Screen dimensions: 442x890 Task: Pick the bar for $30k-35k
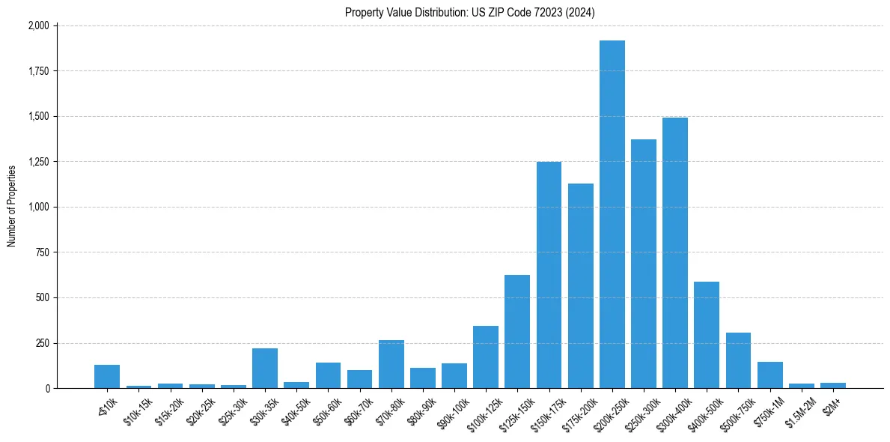(265, 369)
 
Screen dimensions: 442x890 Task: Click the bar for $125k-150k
(517, 332)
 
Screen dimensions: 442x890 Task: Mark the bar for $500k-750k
(738, 360)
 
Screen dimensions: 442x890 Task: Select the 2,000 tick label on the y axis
(38, 25)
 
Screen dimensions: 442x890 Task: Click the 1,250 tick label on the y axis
(38, 162)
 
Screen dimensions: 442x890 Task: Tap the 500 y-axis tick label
(43, 298)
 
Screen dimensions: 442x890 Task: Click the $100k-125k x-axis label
(483, 409)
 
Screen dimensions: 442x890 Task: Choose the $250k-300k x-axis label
(641, 409)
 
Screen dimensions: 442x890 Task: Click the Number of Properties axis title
(12, 207)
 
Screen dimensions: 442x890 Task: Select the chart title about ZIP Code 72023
(470, 12)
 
